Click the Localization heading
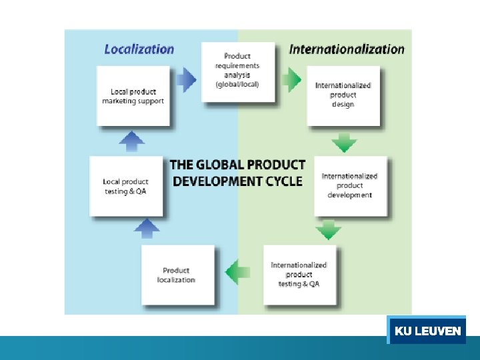point(139,49)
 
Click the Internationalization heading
point(346,49)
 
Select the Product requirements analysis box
point(237,71)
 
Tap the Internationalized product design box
point(343,95)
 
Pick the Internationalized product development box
point(350,185)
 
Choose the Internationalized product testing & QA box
point(299,274)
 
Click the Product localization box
point(177,275)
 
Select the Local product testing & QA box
point(125,186)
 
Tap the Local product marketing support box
point(133,96)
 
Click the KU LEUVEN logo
point(427,331)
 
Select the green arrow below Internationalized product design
point(344,142)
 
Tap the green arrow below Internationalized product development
point(328,230)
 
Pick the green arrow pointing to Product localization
point(238,271)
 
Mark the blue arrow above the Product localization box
point(147,229)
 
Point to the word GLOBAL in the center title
point(219,165)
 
